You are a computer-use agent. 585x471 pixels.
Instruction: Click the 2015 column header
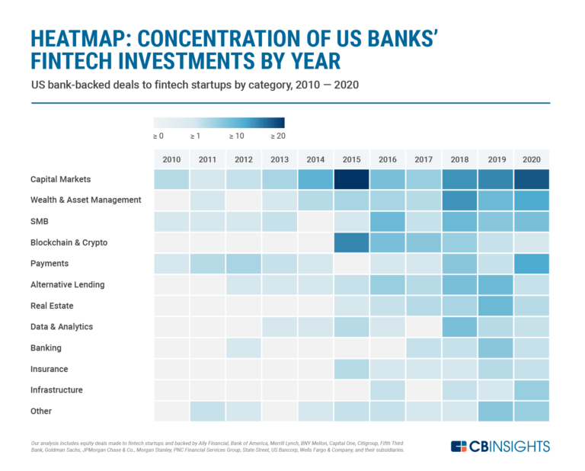click(351, 159)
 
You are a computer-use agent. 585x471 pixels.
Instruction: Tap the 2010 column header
click(171, 159)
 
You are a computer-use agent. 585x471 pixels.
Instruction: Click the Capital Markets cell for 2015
click(351, 179)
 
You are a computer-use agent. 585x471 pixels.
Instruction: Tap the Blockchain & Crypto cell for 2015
click(351, 242)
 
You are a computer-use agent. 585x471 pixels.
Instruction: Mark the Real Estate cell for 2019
click(495, 306)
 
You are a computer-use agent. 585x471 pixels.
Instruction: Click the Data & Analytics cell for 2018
click(459, 327)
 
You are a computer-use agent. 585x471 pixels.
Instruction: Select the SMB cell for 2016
click(387, 222)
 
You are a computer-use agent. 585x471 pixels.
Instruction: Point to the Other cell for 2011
click(207, 411)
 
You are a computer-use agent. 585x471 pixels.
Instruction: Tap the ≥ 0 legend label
click(158, 136)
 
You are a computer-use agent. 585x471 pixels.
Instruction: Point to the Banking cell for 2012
click(243, 348)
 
